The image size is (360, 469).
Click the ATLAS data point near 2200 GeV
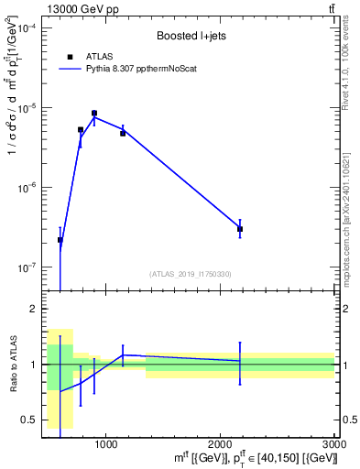point(240,229)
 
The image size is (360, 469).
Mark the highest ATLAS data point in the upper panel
point(94,114)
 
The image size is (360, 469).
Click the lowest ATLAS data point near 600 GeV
point(60,240)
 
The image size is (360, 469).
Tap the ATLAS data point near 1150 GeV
point(123,134)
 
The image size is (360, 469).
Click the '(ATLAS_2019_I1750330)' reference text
point(191,273)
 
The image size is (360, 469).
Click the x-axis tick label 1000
point(106,443)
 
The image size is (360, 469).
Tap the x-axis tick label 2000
point(221,443)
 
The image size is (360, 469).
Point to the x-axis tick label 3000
point(334,443)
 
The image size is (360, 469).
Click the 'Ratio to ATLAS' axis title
point(14,364)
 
